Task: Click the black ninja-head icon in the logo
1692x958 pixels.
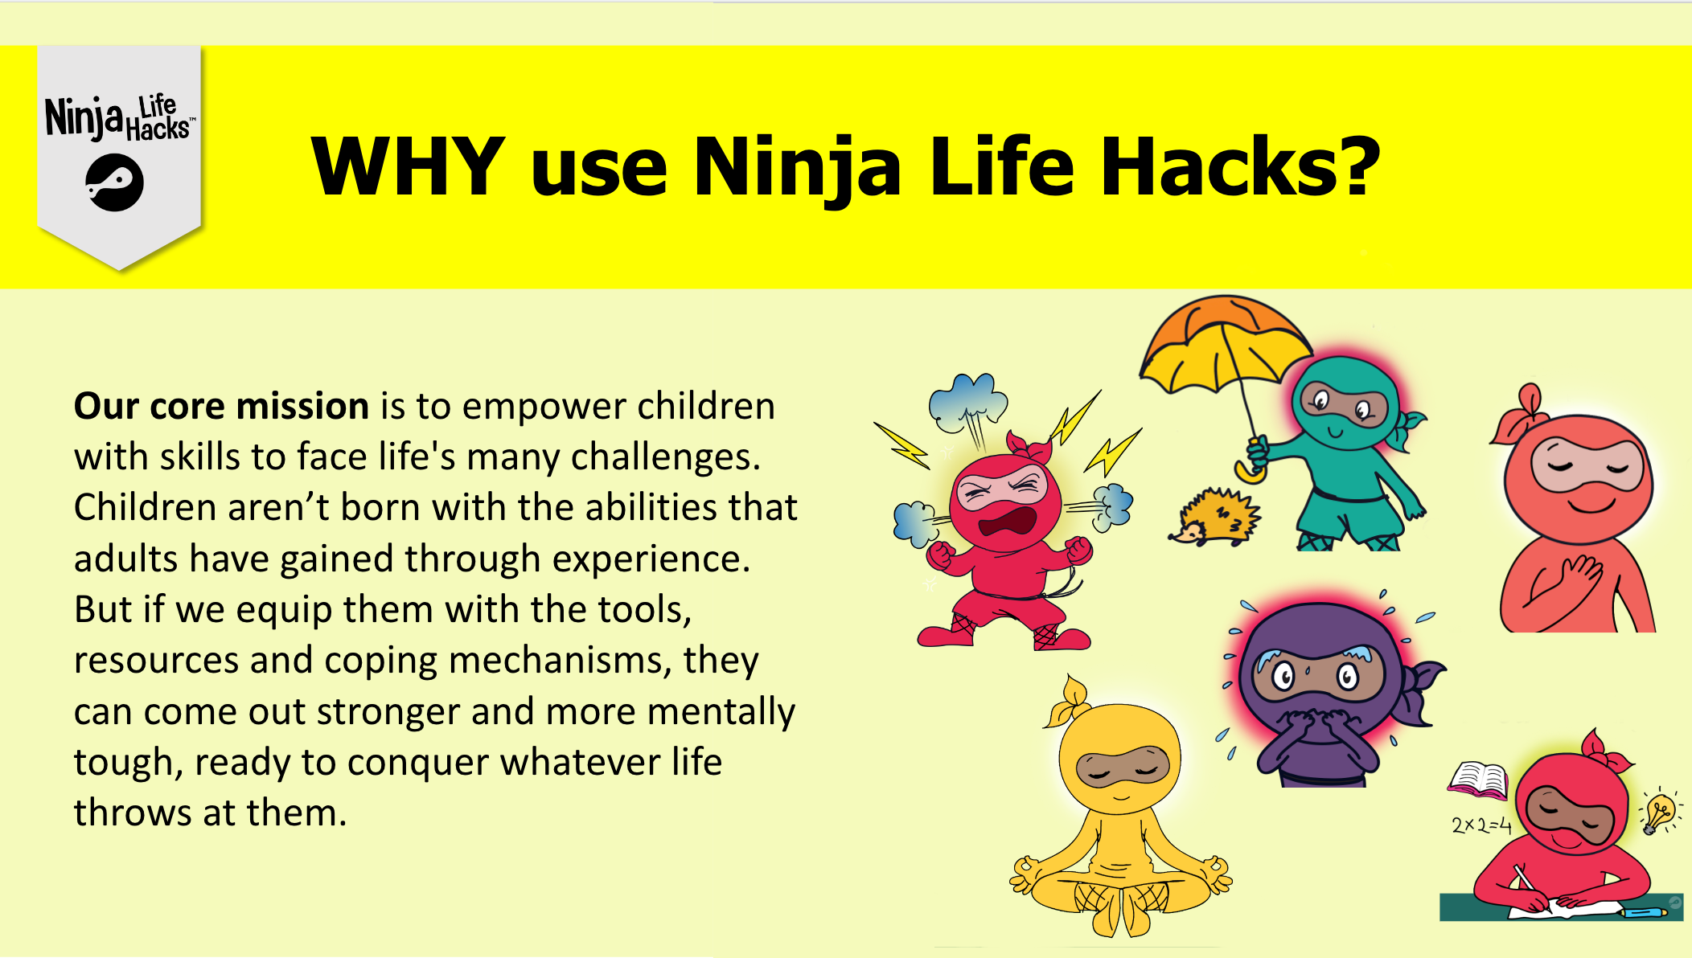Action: point(115,184)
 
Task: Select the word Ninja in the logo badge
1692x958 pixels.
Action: point(84,117)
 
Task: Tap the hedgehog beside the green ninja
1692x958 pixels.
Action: point(1214,516)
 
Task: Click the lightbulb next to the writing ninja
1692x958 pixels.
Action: point(1659,812)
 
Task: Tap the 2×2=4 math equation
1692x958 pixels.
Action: point(1481,825)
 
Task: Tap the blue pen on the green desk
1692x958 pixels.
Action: point(1645,912)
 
